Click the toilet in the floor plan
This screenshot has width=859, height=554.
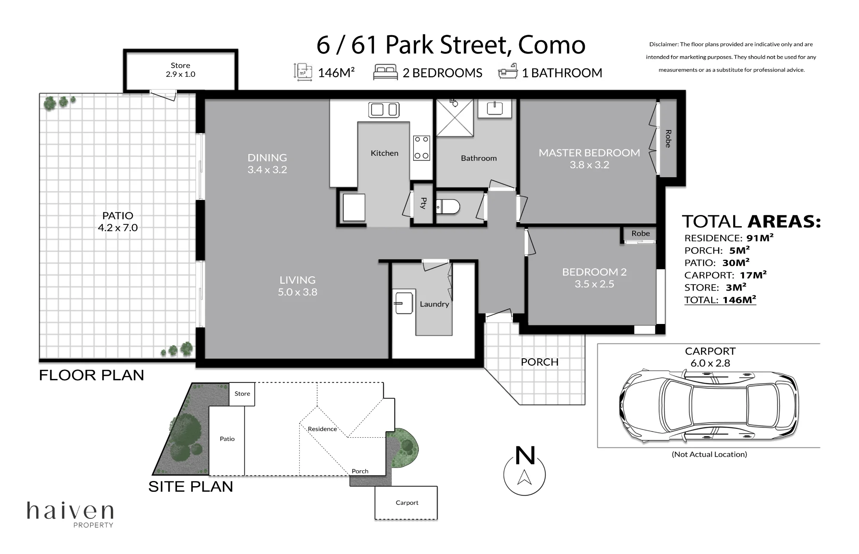pyautogui.click(x=448, y=207)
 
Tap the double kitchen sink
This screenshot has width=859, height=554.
pyautogui.click(x=384, y=109)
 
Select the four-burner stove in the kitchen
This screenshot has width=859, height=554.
pyautogui.click(x=421, y=148)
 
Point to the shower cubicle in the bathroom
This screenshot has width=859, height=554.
pyautogui.click(x=455, y=118)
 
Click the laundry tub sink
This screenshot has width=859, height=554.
pyautogui.click(x=404, y=303)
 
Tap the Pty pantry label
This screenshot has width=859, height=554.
pyautogui.click(x=423, y=203)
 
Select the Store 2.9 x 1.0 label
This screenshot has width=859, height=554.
pyautogui.click(x=180, y=70)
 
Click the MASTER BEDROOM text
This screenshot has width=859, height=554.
pyautogui.click(x=589, y=153)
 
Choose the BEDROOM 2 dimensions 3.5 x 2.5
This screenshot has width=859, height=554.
pyautogui.click(x=594, y=284)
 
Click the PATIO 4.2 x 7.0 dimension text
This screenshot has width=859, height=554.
pyautogui.click(x=118, y=228)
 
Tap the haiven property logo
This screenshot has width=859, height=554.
pyautogui.click(x=70, y=514)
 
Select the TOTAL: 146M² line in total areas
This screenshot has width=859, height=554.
pyautogui.click(x=720, y=300)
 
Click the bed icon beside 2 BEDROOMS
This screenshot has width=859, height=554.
pyautogui.click(x=385, y=72)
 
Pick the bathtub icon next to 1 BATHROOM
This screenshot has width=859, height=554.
pyautogui.click(x=508, y=72)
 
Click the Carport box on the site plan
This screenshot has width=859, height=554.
pyautogui.click(x=406, y=503)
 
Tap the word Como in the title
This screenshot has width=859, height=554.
pyautogui.click(x=552, y=45)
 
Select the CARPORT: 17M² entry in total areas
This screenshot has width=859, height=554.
pyautogui.click(x=725, y=275)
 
